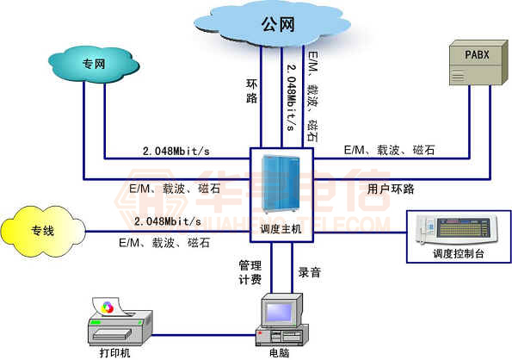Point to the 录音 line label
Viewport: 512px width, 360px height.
tap(310, 272)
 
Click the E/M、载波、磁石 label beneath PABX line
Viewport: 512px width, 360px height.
tap(389, 150)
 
